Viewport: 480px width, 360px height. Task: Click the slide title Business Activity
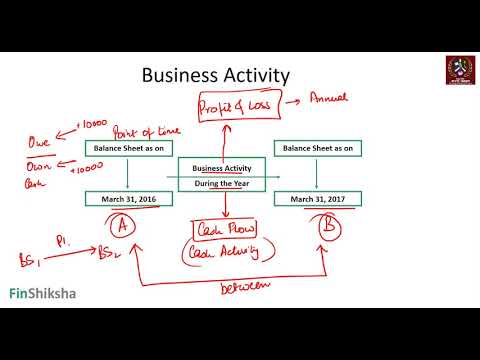(x=215, y=75)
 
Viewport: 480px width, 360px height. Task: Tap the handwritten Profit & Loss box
(x=234, y=107)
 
